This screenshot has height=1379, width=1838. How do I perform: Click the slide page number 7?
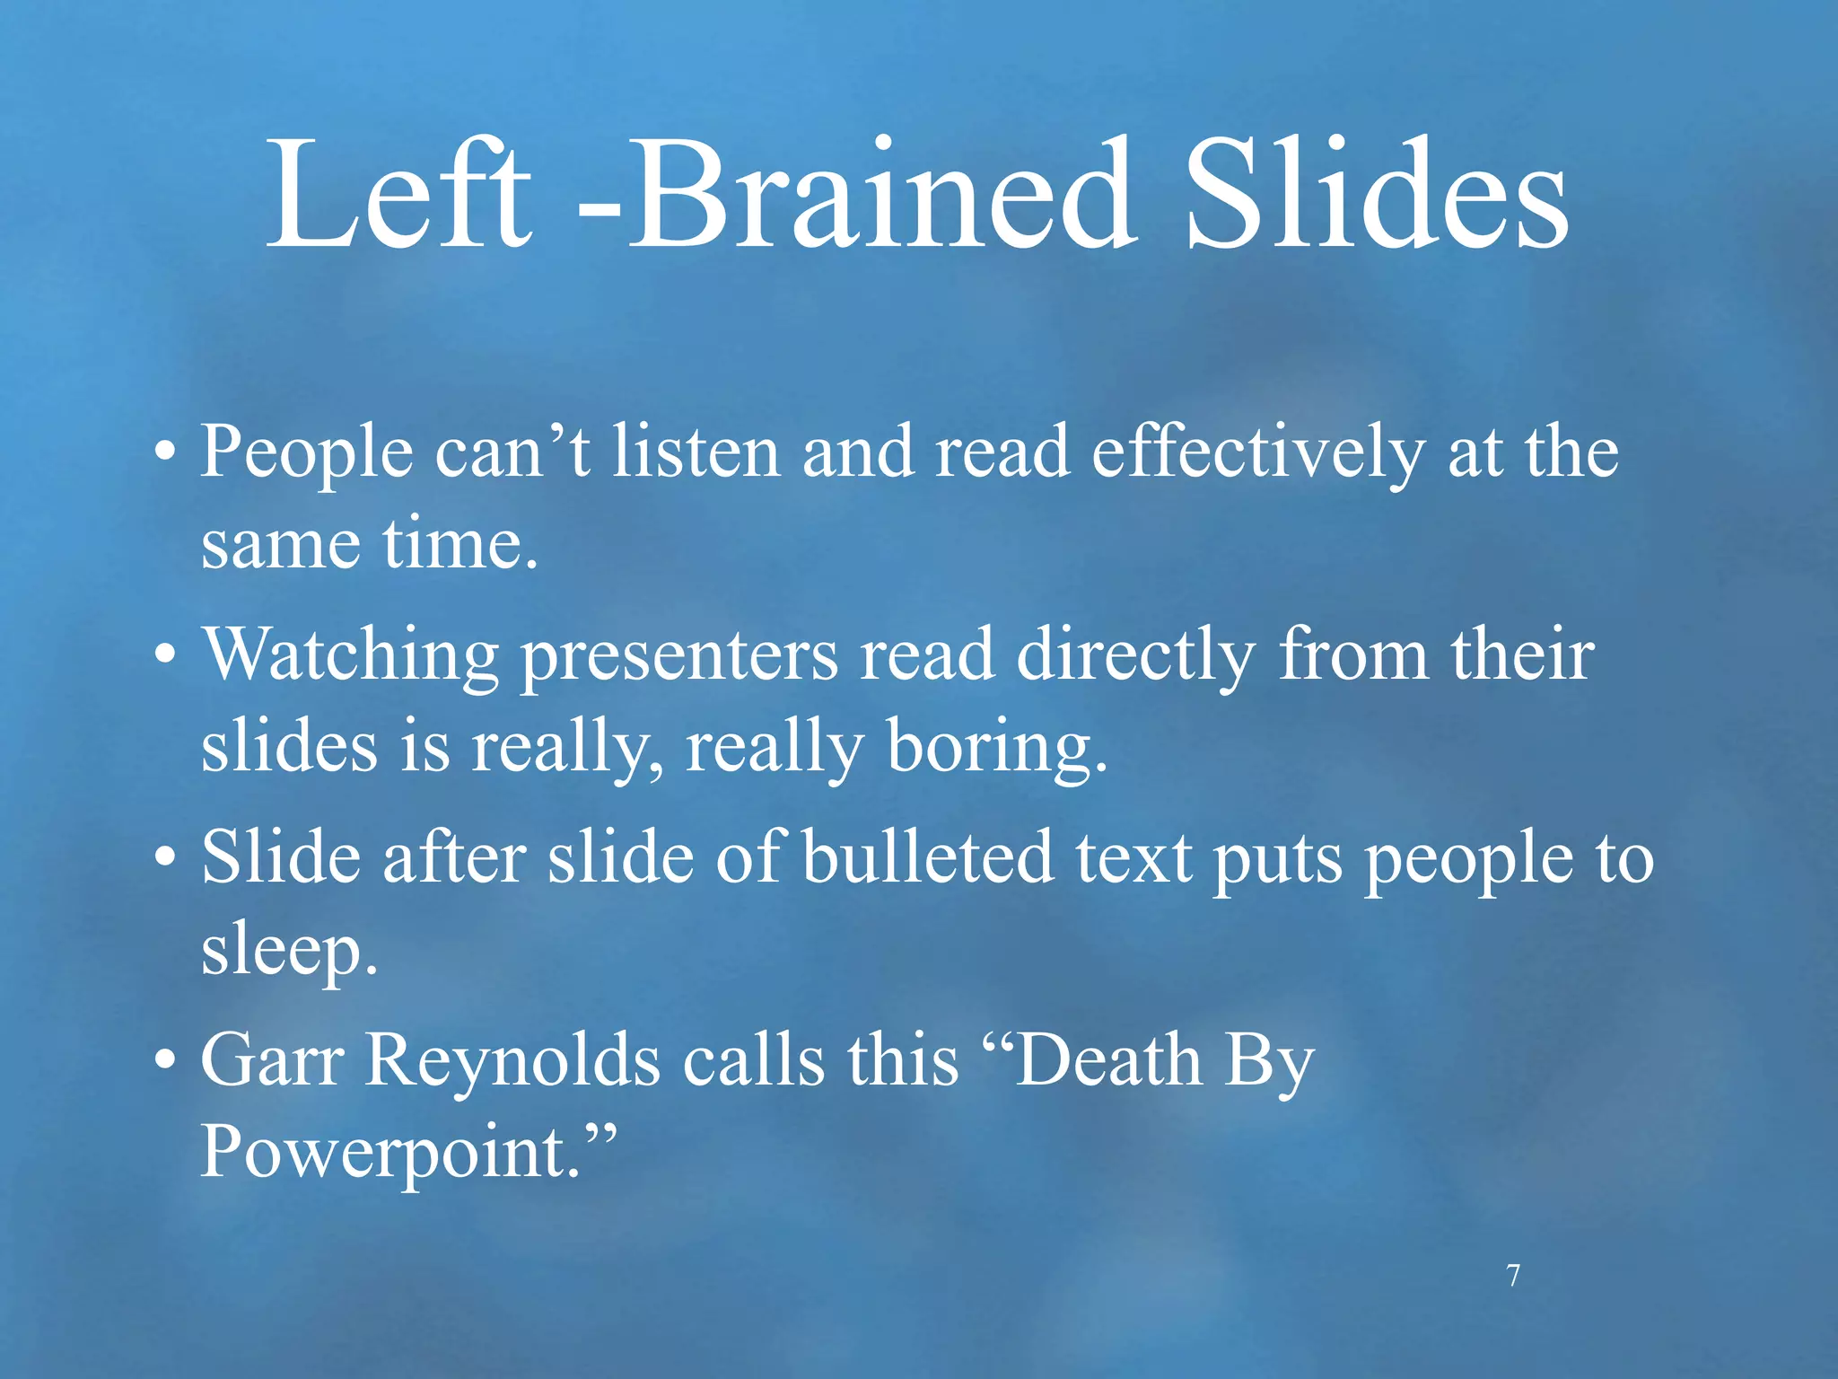[x=1513, y=1275]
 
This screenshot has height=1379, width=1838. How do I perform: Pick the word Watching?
[x=351, y=655]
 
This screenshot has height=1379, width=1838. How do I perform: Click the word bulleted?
[x=928, y=857]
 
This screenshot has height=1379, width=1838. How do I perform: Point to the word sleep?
[x=288, y=952]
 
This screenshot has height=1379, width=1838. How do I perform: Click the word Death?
[x=1108, y=1060]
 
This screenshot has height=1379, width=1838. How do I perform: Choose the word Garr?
[x=272, y=1060]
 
